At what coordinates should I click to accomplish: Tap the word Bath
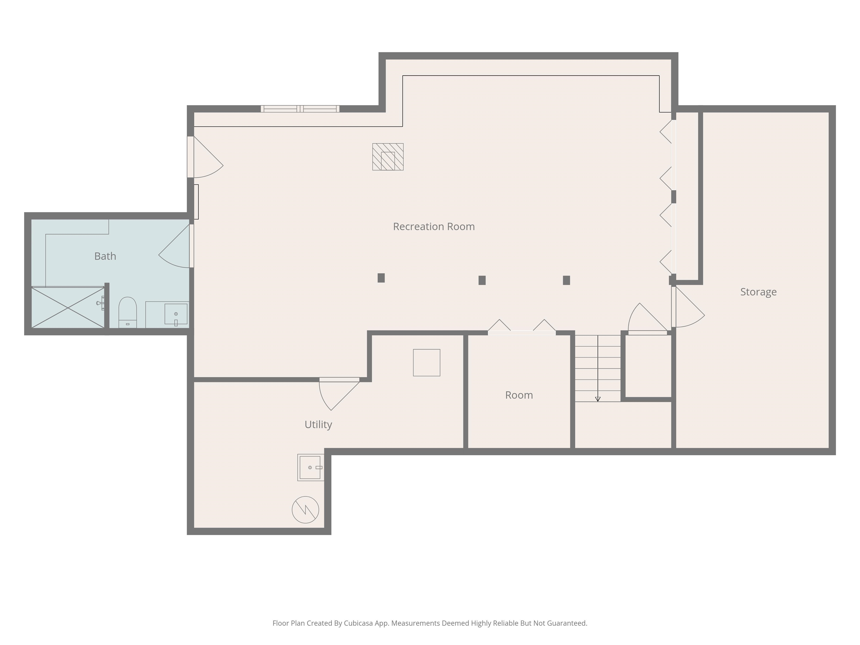click(105, 256)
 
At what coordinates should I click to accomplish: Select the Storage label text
click(758, 292)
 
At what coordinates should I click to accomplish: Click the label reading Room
click(519, 395)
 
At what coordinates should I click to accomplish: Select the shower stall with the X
click(68, 308)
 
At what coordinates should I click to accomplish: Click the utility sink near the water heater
click(310, 467)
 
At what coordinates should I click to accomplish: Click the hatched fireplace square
click(388, 157)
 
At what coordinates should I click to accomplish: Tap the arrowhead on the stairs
click(598, 399)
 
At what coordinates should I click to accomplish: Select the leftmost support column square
click(381, 278)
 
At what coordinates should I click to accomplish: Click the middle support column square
click(482, 280)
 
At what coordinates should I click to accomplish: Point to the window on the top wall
click(300, 109)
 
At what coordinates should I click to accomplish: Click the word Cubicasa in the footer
click(358, 623)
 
